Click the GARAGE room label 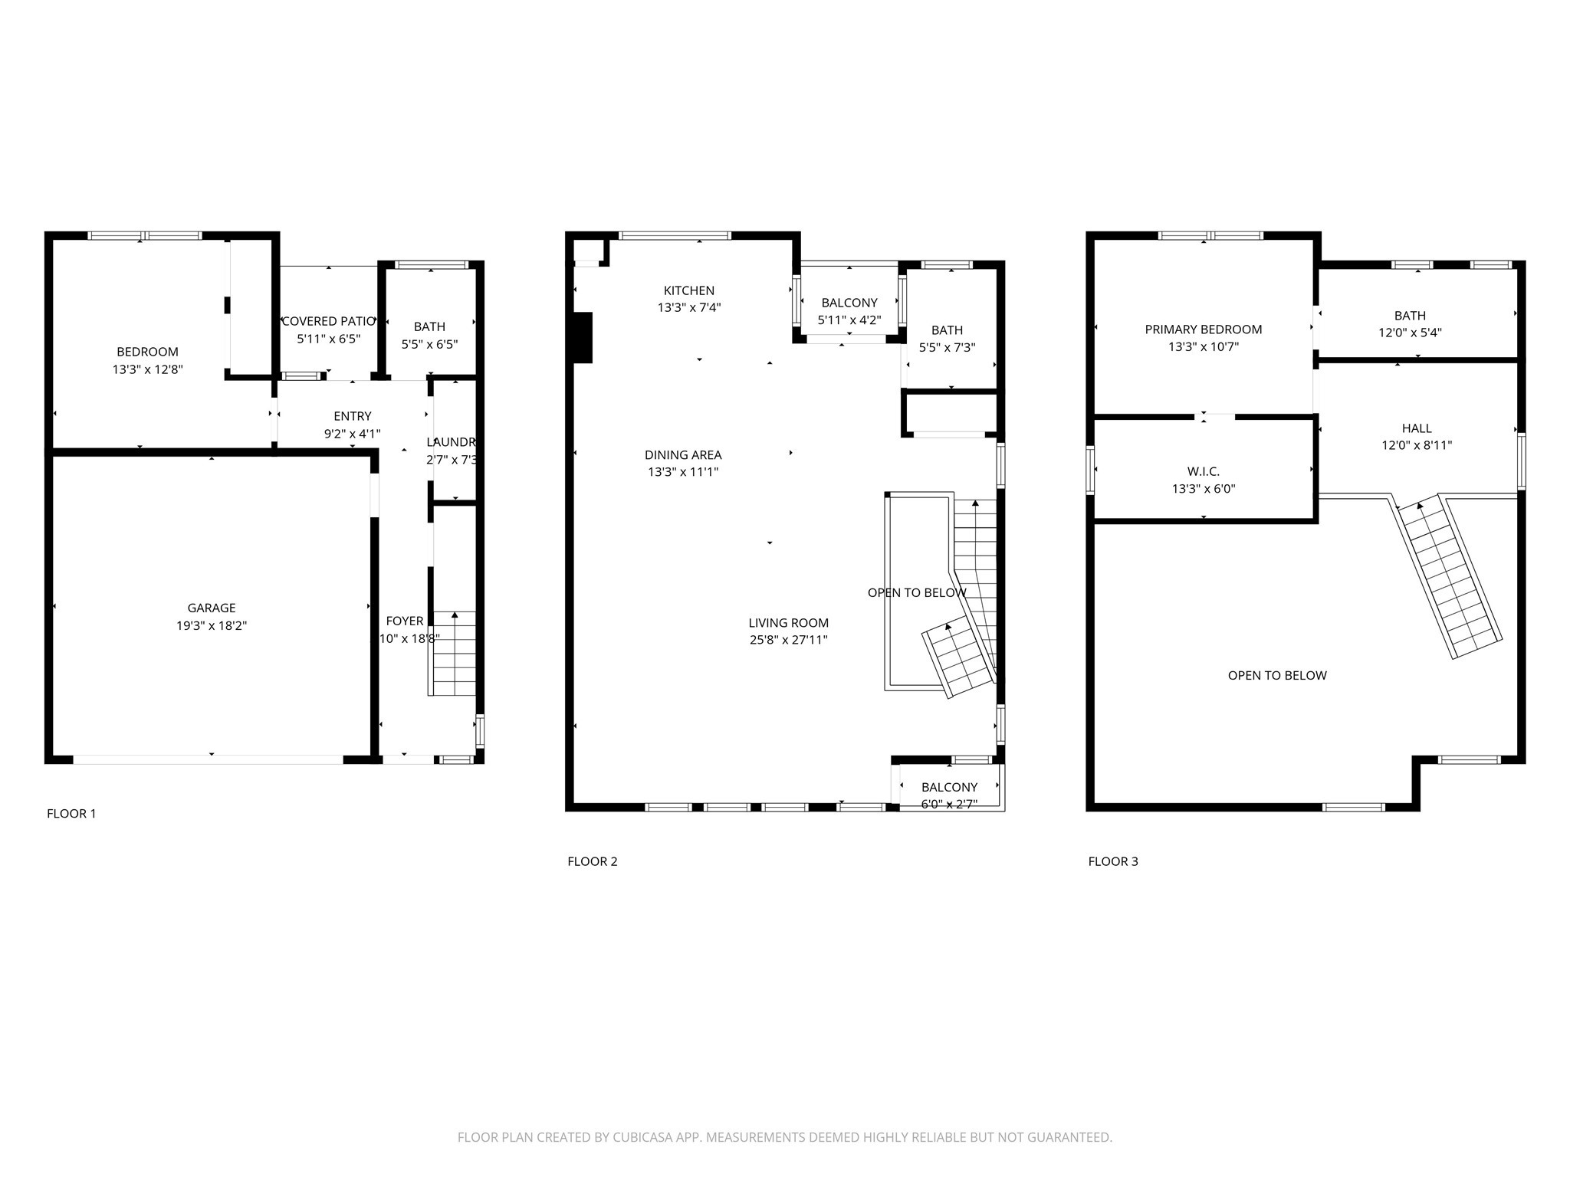click(x=211, y=608)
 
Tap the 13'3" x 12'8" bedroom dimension click(x=147, y=369)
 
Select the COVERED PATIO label click(x=329, y=321)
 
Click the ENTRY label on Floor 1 click(x=352, y=416)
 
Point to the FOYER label click(x=404, y=621)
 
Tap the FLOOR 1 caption click(x=71, y=814)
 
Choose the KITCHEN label click(x=688, y=290)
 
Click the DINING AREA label click(x=682, y=455)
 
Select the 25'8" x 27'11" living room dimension click(x=788, y=640)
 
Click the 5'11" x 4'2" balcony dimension click(x=849, y=320)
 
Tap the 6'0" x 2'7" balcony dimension click(x=948, y=804)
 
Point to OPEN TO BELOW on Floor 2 click(x=916, y=592)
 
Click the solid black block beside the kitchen click(x=583, y=337)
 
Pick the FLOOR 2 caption click(x=592, y=861)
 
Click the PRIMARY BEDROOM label click(x=1203, y=329)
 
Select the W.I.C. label click(x=1203, y=471)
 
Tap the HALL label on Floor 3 click(x=1416, y=428)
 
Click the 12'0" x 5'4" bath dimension click(x=1409, y=333)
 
